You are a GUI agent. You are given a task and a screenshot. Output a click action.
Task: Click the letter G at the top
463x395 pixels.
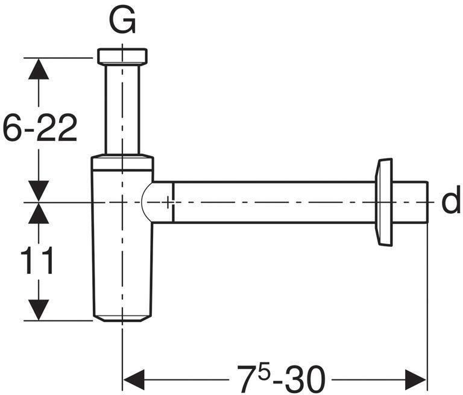pyautogui.click(x=122, y=22)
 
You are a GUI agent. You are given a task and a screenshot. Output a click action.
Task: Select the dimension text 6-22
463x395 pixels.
pyautogui.click(x=40, y=129)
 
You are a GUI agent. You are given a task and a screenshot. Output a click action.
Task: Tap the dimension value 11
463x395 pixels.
pyautogui.click(x=37, y=261)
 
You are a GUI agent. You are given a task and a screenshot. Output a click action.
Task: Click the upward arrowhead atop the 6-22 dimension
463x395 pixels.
pyautogui.click(x=39, y=69)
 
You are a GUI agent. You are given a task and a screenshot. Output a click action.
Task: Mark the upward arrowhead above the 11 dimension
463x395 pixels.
pyautogui.click(x=39, y=214)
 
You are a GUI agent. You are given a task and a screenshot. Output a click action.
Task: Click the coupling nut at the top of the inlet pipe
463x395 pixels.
pyautogui.click(x=122, y=56)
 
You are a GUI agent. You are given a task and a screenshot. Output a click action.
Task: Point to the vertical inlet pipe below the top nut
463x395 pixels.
pyautogui.click(x=122, y=108)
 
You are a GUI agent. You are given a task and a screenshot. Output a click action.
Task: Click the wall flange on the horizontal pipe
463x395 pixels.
pyautogui.click(x=383, y=202)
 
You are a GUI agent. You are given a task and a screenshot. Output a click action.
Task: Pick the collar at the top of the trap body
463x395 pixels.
pyautogui.click(x=122, y=163)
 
